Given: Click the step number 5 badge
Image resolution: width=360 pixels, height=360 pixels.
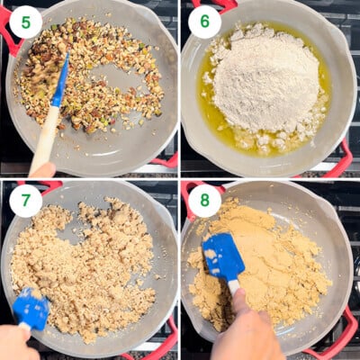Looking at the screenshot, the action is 25,22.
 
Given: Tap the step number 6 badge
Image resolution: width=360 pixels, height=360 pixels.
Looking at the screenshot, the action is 204,22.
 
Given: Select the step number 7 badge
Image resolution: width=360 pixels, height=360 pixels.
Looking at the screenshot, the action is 25,201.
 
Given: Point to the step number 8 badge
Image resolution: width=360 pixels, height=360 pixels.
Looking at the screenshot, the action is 204,201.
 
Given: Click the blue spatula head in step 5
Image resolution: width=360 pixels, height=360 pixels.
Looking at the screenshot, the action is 61,81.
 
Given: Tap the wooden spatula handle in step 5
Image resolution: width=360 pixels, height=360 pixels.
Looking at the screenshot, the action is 44,137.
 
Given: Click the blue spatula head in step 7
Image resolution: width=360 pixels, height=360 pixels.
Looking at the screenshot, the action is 31,309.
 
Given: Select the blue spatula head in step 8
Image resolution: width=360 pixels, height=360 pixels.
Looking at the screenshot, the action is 222,255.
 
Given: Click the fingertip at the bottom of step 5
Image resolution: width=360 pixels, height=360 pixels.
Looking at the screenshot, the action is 43,170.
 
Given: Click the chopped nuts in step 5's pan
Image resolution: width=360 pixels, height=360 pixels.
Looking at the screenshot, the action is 87,75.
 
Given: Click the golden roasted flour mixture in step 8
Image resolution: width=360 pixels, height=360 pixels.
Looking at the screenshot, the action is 270,264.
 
